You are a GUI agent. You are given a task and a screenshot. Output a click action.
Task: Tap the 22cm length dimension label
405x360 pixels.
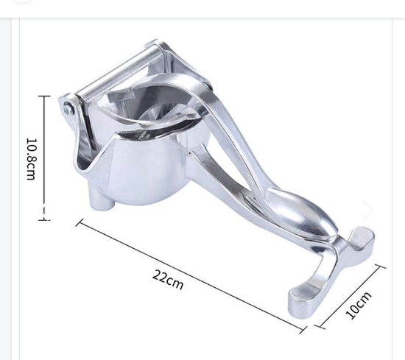168,280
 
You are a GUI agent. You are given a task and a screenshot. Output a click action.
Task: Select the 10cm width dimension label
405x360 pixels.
359,306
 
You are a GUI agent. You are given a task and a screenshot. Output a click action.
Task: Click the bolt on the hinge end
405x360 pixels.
68,107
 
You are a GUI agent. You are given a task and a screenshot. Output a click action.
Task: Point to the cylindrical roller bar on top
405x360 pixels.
119,74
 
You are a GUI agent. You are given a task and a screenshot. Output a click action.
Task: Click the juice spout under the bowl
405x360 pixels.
102,197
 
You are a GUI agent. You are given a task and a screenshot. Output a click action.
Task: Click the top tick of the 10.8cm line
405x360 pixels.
44,96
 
